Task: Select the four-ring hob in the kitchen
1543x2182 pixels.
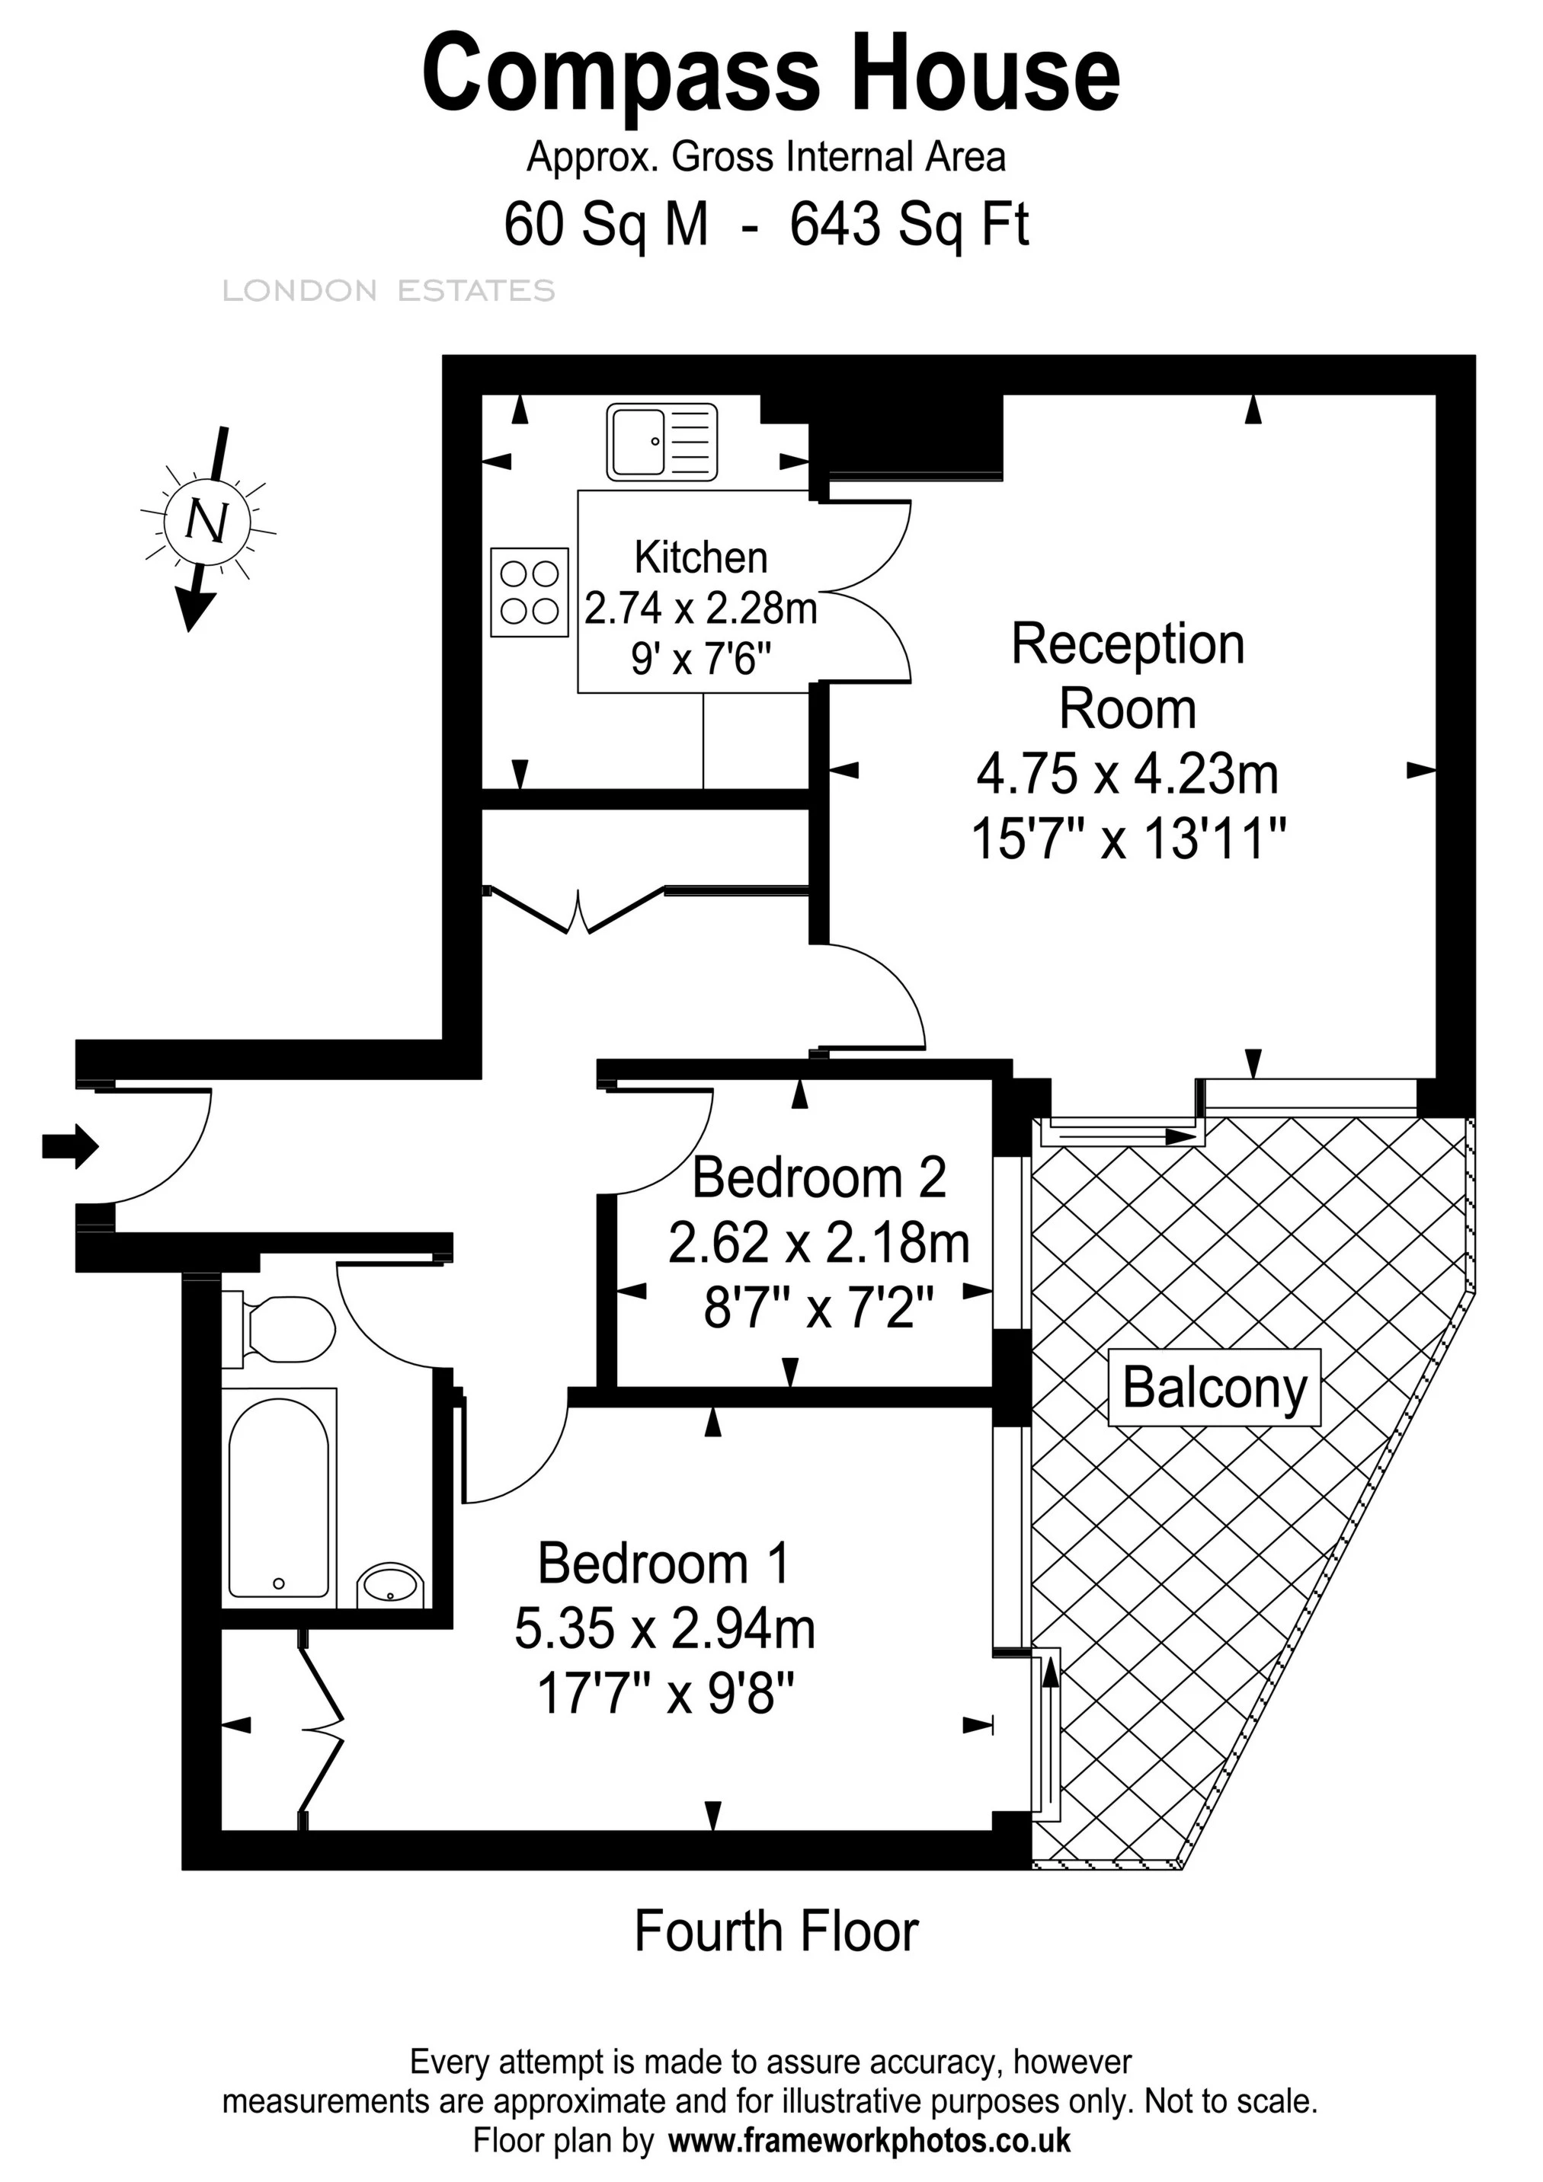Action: tap(530, 591)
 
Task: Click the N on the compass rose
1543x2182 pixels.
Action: tap(206, 521)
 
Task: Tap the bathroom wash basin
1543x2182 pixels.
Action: tap(390, 1584)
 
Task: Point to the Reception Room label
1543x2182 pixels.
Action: tap(1128, 676)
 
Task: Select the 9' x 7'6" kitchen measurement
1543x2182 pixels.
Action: tap(699, 657)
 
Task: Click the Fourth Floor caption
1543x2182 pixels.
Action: tap(776, 1931)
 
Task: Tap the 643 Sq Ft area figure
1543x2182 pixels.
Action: tap(909, 225)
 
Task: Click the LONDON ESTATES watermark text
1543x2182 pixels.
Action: tap(388, 291)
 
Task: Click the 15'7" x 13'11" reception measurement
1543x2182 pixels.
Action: tap(1128, 839)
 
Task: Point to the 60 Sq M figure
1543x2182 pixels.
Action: tap(606, 225)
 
